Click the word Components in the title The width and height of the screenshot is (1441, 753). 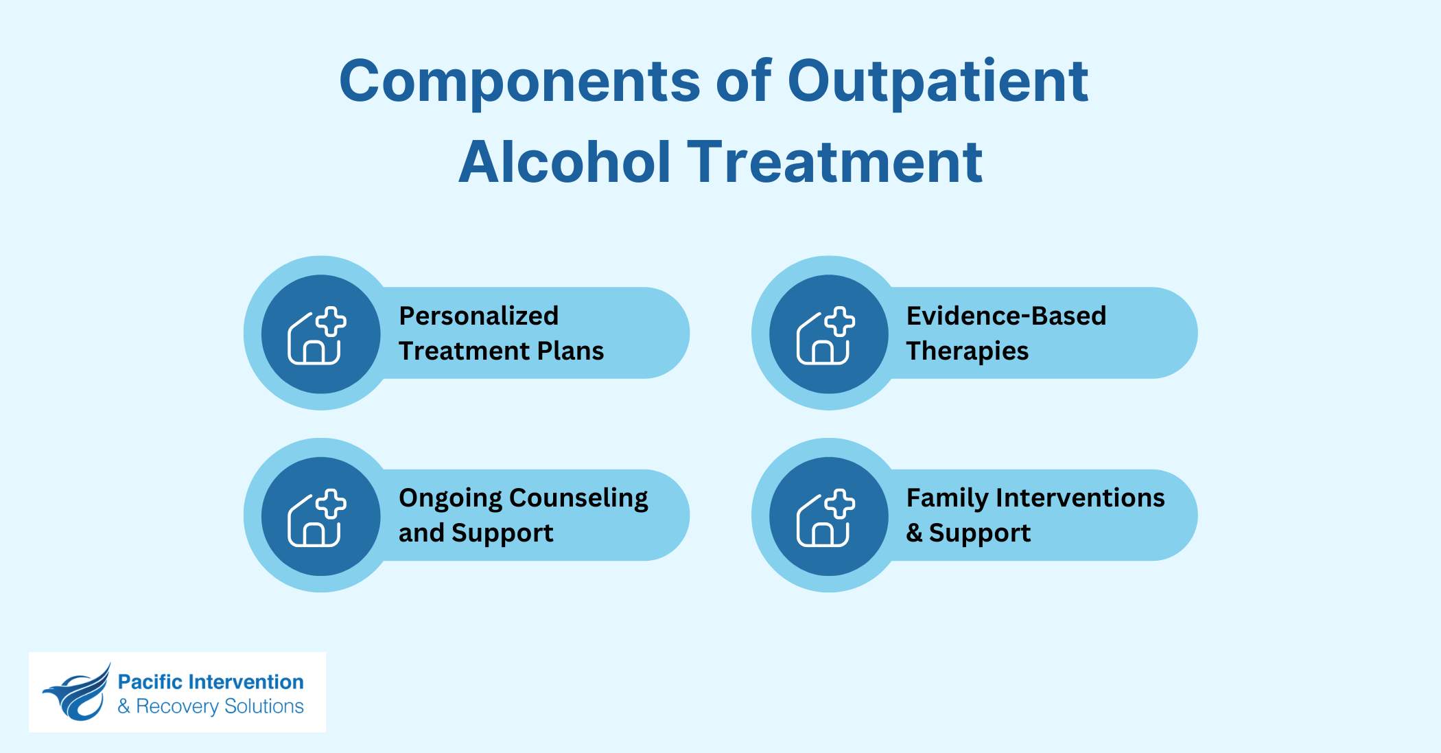pyautogui.click(x=519, y=82)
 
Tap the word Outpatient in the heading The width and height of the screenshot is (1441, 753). pyautogui.click(x=937, y=82)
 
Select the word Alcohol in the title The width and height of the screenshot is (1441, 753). pyautogui.click(x=564, y=163)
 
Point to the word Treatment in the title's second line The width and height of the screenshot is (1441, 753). pyautogui.click(x=834, y=163)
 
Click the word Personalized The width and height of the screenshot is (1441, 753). pyautogui.click(x=478, y=316)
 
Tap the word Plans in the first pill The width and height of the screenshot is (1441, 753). pyautogui.click(x=570, y=351)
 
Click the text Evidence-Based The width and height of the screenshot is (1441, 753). pyautogui.click(x=1006, y=316)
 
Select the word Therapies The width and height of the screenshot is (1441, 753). pyautogui.click(x=967, y=351)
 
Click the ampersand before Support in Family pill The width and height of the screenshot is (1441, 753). pyautogui.click(x=914, y=533)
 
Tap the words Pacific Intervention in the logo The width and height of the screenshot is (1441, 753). pyautogui.click(x=211, y=682)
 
